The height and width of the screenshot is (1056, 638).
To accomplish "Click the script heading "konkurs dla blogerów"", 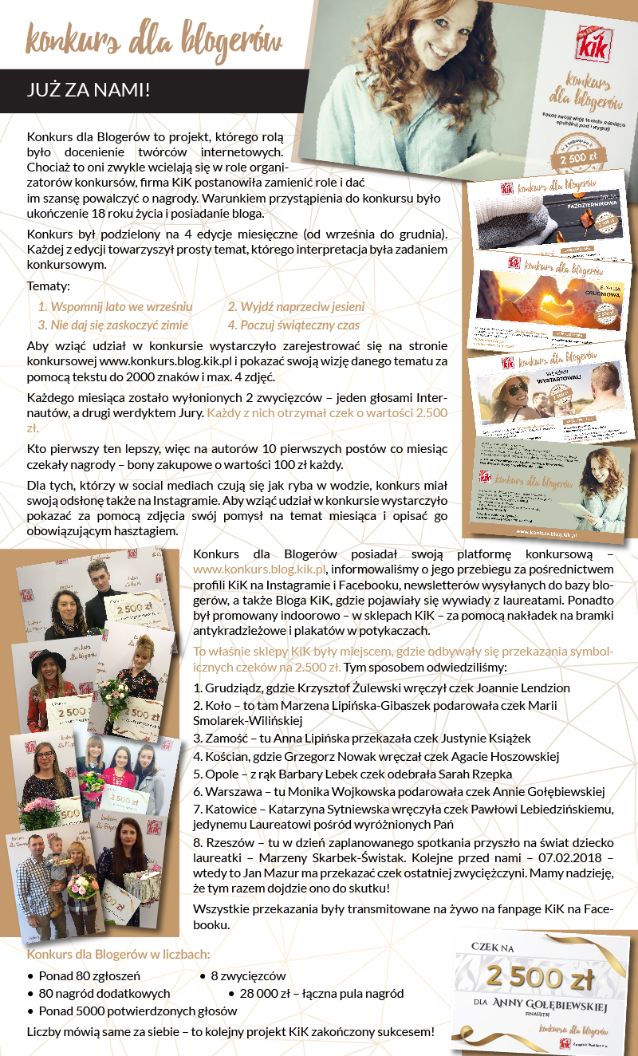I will tap(154, 39).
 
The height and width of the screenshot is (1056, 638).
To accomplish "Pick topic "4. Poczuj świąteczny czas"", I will tap(293, 325).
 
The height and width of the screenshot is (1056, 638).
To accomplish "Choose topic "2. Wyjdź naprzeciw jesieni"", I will tap(296, 306).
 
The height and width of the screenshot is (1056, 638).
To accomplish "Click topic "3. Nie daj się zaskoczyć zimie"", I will tap(113, 325).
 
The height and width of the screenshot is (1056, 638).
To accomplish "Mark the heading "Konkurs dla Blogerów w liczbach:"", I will tap(119, 954).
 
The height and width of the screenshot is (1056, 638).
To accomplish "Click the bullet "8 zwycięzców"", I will tap(248, 975).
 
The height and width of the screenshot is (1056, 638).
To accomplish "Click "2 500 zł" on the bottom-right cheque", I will tap(541, 978).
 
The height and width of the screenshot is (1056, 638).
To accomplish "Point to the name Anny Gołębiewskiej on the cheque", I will tap(549, 1007).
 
